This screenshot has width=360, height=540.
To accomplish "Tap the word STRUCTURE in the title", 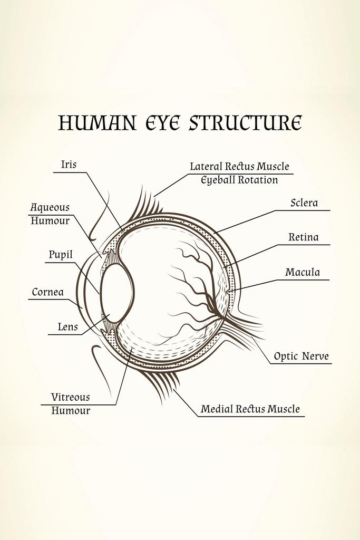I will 245,122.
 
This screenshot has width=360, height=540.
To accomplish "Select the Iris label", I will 69,165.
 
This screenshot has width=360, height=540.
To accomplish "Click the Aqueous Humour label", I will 50,214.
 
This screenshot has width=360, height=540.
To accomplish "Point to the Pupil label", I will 61,255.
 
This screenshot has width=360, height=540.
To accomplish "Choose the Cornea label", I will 47,292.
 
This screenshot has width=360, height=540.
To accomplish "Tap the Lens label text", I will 67,327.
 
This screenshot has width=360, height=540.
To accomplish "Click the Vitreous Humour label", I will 70,403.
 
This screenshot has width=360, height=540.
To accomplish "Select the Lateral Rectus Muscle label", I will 239,167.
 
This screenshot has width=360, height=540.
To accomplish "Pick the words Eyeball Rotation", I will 239,180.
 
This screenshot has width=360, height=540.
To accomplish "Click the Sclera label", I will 304,203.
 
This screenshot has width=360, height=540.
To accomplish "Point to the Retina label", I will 303,237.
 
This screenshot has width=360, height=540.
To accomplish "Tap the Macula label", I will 303,273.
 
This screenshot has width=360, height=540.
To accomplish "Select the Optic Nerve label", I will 301,356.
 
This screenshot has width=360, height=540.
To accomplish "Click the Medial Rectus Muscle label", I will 250,409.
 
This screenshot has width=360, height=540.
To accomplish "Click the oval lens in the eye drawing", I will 116,293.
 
